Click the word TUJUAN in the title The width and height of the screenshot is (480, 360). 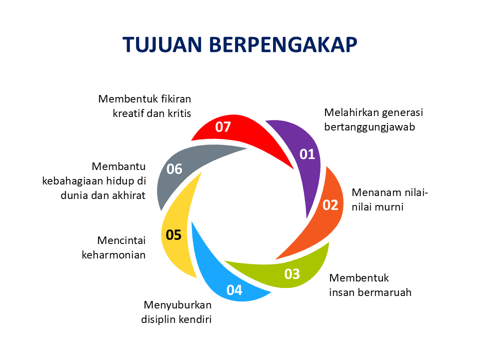[162, 45]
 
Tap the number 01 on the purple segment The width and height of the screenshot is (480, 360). [307, 154]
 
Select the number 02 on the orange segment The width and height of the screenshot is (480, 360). [330, 205]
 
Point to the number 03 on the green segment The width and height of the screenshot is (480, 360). [292, 274]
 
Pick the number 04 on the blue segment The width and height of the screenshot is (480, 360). [234, 290]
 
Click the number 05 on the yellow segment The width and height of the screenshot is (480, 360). [173, 234]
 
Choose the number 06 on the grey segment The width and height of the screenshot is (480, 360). [174, 169]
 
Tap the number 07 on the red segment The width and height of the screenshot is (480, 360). [223, 127]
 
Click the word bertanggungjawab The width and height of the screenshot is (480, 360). [369, 127]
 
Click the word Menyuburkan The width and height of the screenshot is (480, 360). [177, 305]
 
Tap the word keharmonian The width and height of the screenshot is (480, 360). [113, 255]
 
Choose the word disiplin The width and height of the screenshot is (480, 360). [159, 319]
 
